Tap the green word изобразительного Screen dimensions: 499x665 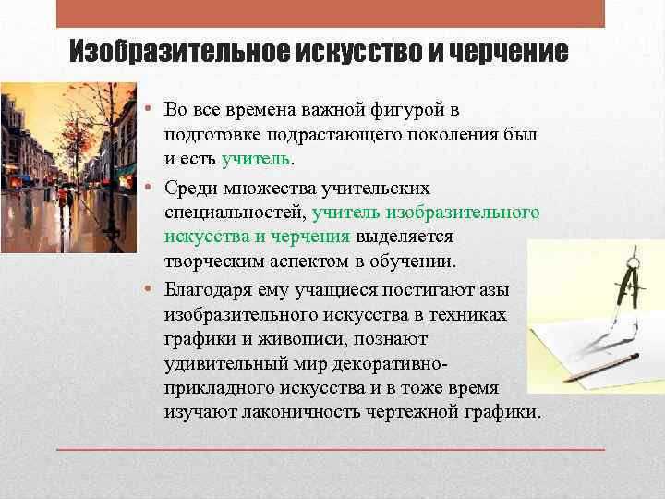click(472, 213)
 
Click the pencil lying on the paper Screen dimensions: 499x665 click(601, 366)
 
